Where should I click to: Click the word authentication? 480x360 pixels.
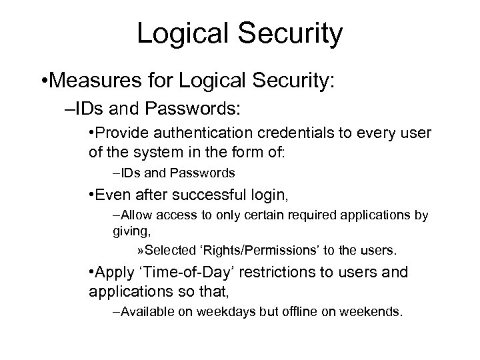pos(207,133)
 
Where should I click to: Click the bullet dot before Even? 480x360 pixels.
pos(91,196)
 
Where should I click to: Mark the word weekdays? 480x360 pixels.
pos(224,311)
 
